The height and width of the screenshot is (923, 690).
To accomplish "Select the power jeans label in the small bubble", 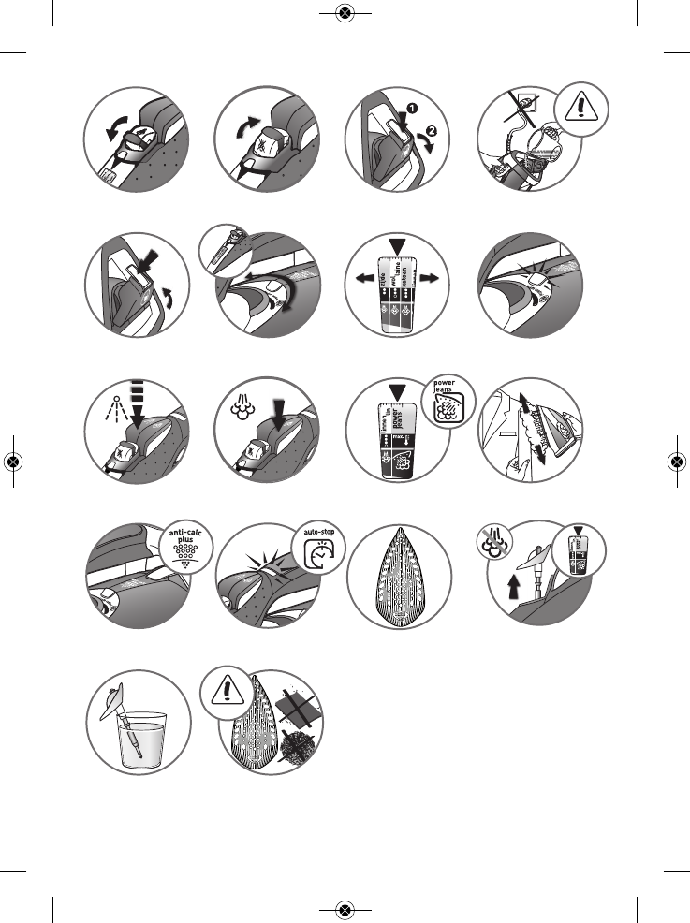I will click(x=448, y=392).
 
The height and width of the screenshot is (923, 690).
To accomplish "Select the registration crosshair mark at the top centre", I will click(x=345, y=14).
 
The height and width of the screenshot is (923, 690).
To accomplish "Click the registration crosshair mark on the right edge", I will click(x=675, y=461).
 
